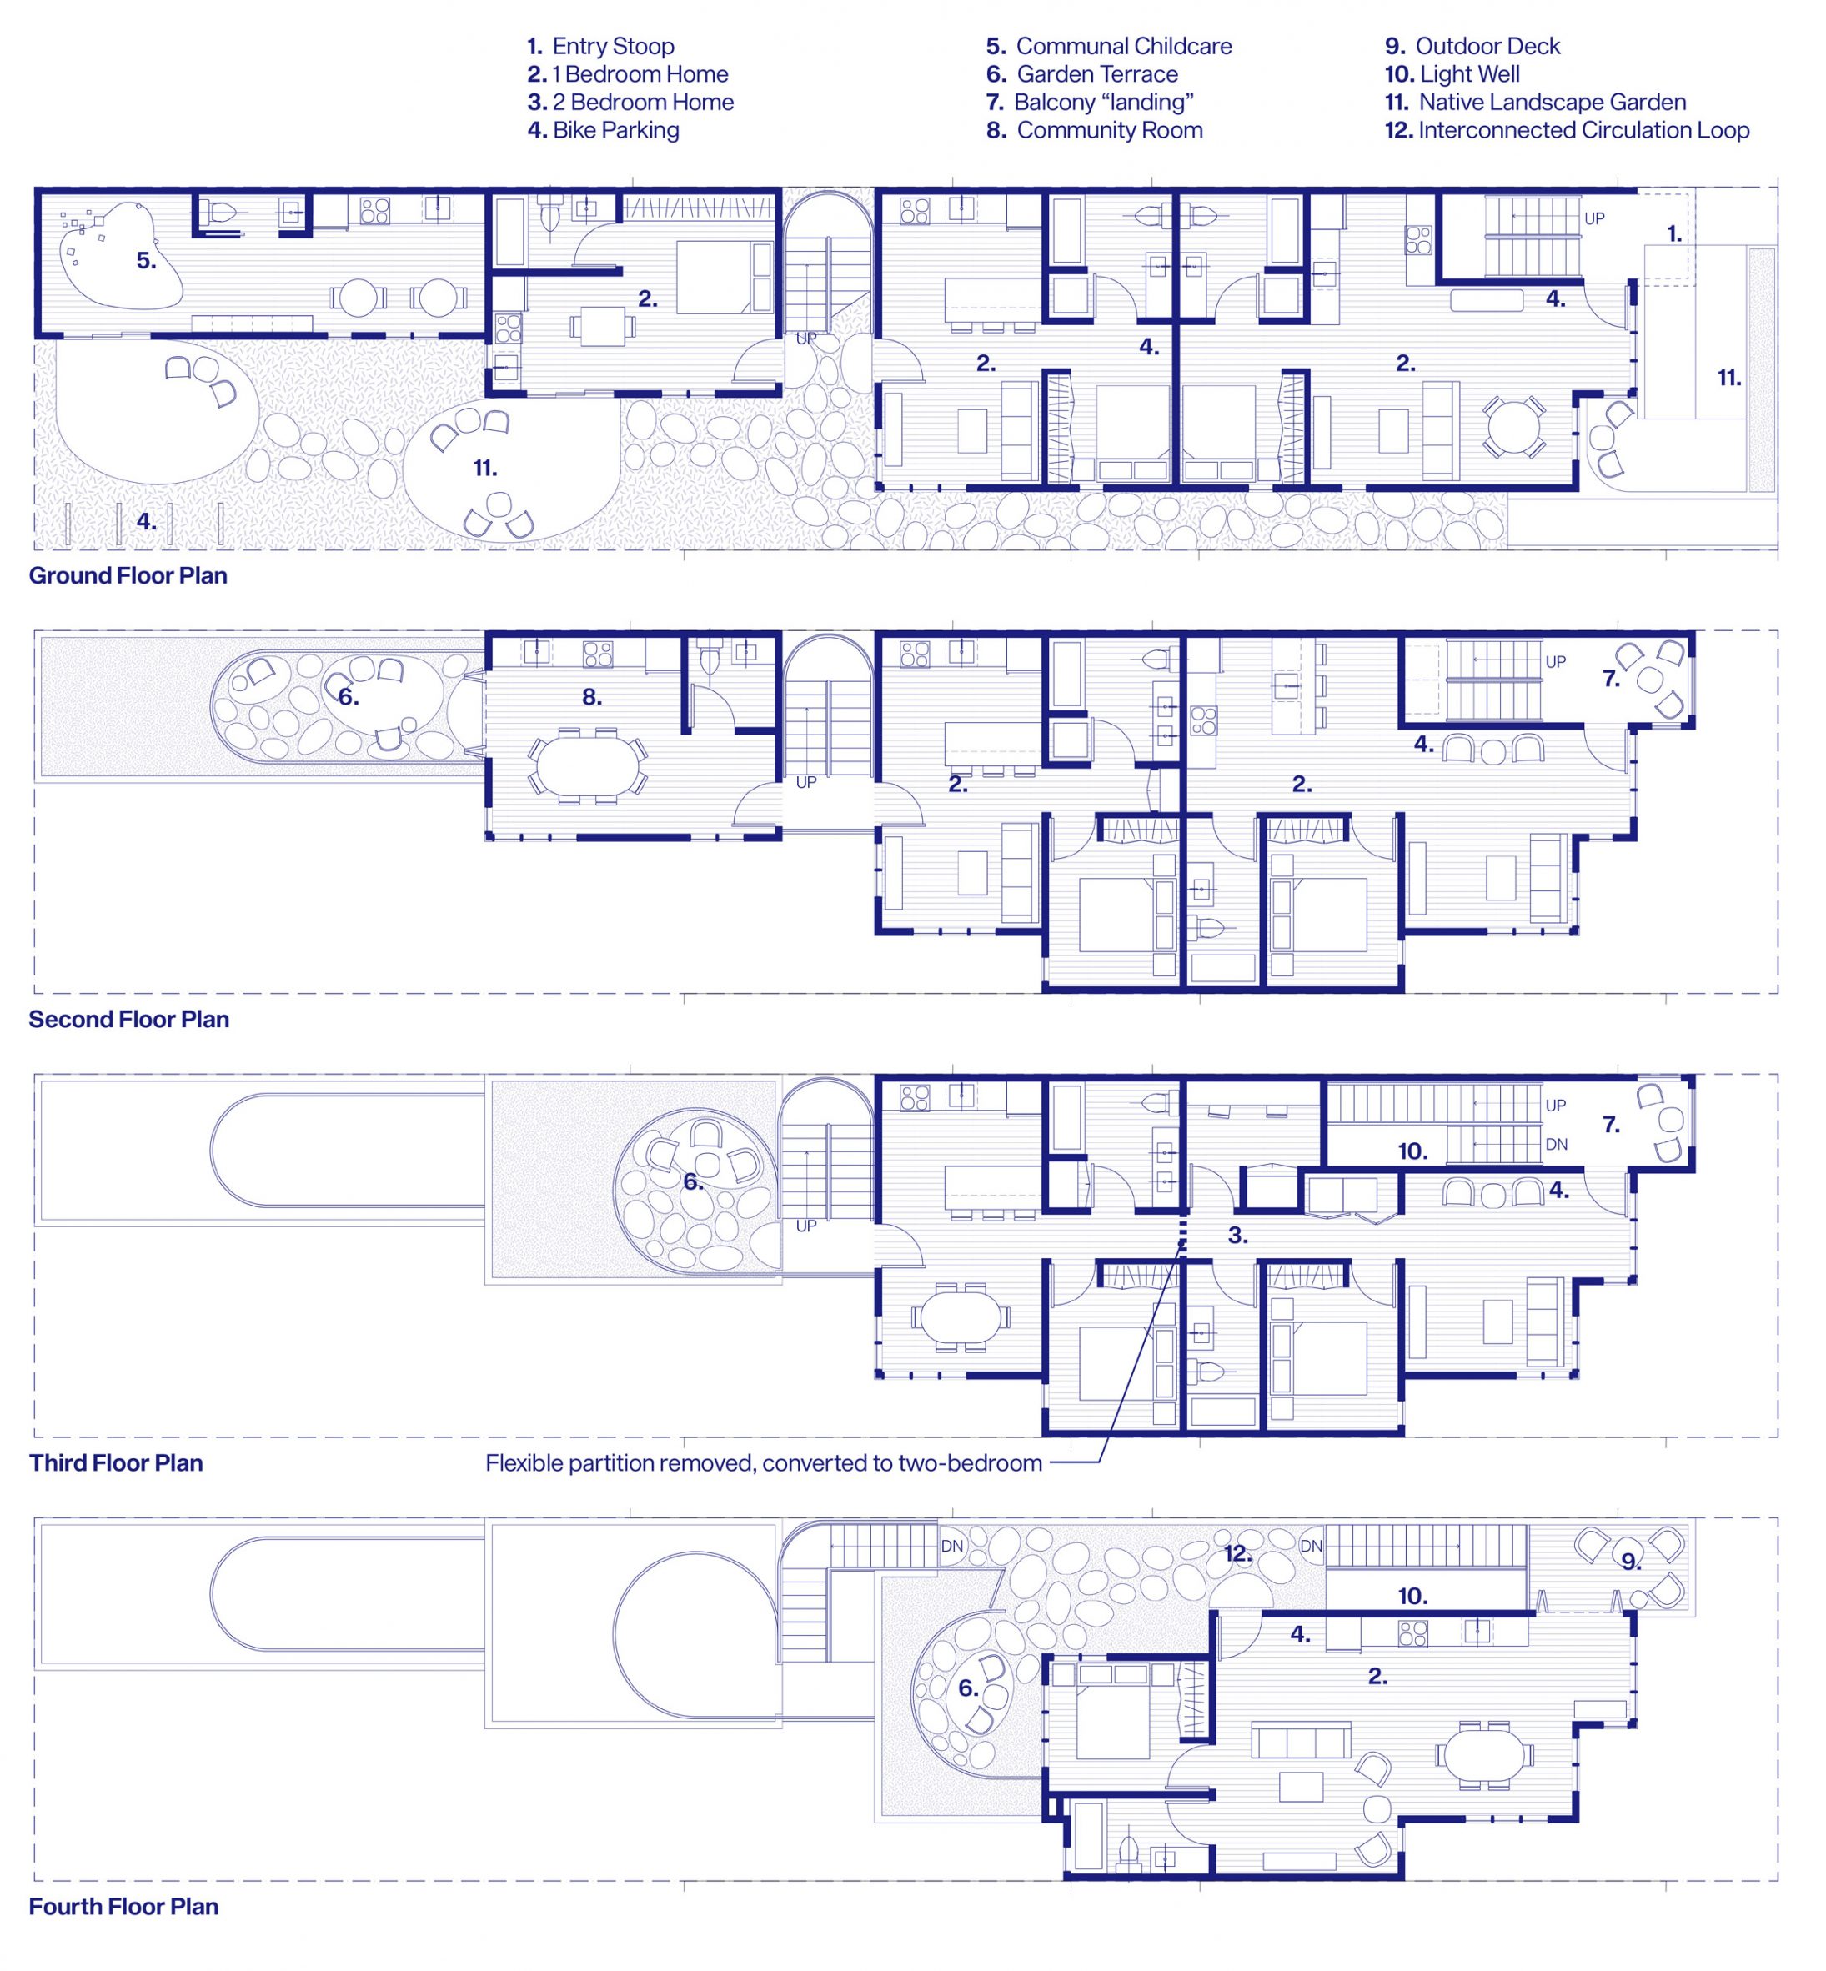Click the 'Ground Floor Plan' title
(128, 576)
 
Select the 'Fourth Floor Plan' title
(123, 1907)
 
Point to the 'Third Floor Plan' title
(116, 1463)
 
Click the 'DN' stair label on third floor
(1556, 1145)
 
